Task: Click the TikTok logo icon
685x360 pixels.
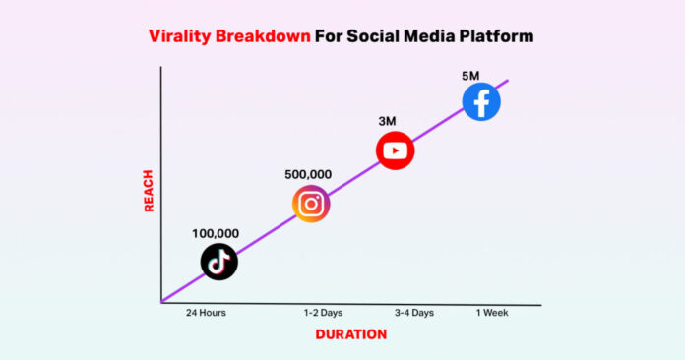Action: pos(218,262)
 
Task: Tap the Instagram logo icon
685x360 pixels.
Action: pos(311,204)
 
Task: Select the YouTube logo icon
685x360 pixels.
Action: pos(395,150)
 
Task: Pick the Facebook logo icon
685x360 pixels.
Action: pos(481,101)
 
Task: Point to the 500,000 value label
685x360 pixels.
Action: pos(308,175)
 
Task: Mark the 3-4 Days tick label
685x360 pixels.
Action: pos(413,313)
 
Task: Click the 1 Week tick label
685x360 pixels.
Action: pos(491,313)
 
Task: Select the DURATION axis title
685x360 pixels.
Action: pos(350,334)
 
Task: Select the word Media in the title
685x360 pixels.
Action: pos(424,37)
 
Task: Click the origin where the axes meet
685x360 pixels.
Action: pos(160,303)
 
